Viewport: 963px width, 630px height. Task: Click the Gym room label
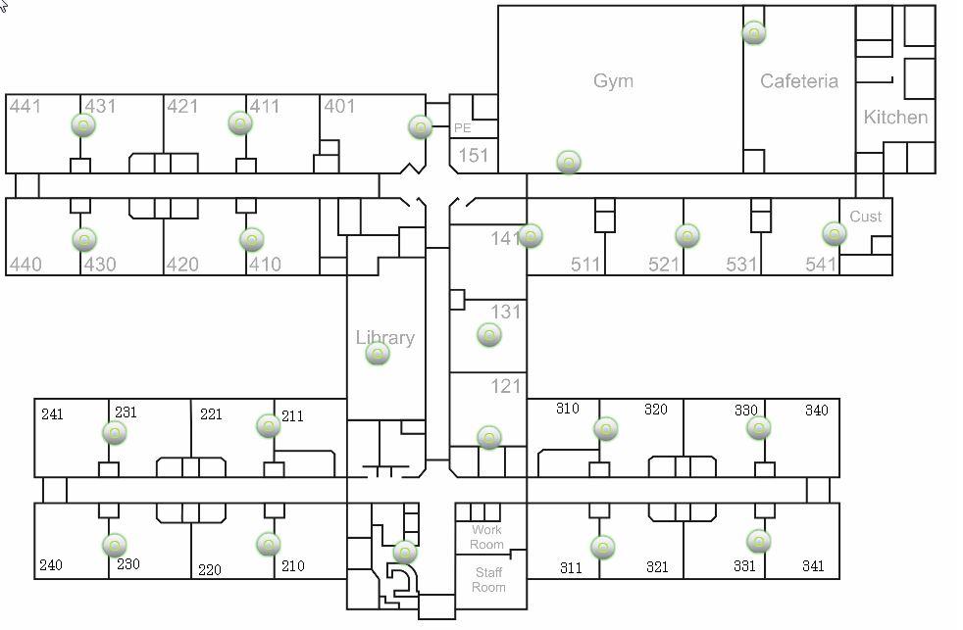(613, 80)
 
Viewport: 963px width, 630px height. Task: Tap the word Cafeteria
(799, 81)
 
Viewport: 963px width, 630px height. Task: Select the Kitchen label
(894, 118)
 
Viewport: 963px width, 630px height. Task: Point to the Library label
(384, 338)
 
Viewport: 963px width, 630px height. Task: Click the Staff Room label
(488, 579)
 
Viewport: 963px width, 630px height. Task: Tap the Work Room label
(486, 537)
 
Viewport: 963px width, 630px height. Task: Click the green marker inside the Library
(378, 355)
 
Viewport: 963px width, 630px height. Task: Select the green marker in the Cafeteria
(753, 33)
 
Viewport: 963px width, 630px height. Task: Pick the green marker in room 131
(488, 336)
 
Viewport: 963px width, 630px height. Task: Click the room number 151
(473, 155)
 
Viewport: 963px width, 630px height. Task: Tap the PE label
(462, 128)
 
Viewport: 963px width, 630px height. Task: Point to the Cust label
(865, 217)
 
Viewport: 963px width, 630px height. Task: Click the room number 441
(25, 106)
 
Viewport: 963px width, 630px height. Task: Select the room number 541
(821, 265)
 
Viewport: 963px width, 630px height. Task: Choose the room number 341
(812, 566)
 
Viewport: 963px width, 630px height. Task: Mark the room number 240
(51, 565)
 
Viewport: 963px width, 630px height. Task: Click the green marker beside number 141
(531, 236)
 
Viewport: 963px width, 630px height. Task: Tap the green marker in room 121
(488, 437)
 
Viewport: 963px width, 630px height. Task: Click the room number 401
(339, 106)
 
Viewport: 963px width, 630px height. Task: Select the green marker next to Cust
(834, 234)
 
